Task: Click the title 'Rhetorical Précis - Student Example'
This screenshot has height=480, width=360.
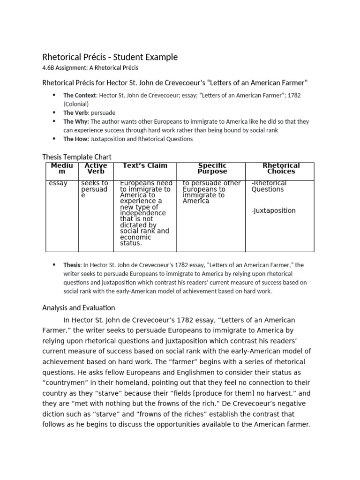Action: (110, 57)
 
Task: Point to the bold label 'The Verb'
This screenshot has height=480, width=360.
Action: (74, 112)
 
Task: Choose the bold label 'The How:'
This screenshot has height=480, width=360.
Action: (75, 139)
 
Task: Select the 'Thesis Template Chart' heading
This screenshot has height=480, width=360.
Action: (77, 157)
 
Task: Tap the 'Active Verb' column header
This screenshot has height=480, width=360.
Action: (96, 168)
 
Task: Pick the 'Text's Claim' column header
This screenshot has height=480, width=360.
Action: (145, 165)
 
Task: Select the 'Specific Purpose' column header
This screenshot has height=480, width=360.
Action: (212, 168)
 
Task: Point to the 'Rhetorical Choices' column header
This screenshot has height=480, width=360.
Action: (281, 168)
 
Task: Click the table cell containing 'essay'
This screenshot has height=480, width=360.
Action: (58, 183)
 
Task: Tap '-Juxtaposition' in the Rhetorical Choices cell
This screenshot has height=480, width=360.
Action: (274, 210)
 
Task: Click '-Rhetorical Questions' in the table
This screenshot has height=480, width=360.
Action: (269, 186)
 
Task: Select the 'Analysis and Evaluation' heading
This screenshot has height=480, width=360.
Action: (78, 308)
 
